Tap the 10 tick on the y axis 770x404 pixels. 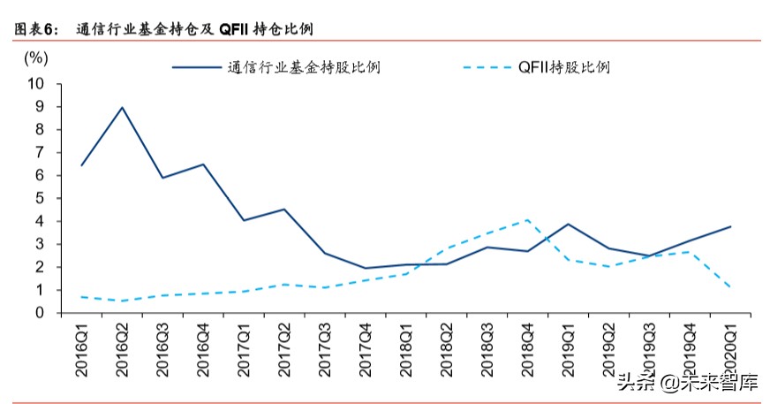(35, 83)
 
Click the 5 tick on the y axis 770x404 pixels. (40, 198)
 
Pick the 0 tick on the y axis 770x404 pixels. (40, 313)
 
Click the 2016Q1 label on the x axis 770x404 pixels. (82, 350)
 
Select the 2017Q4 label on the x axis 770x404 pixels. (366, 350)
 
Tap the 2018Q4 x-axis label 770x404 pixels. (528, 350)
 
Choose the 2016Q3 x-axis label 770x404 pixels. (162, 350)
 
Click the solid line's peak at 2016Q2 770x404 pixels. (122, 107)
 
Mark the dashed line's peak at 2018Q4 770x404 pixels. (528, 219)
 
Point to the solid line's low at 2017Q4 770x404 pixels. (366, 268)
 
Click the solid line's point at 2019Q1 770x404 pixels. (568, 224)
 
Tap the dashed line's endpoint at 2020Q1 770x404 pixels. (730, 287)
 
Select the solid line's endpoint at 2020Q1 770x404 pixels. (730, 226)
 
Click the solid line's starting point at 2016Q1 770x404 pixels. (81, 165)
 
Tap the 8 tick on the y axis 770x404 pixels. (40, 129)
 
